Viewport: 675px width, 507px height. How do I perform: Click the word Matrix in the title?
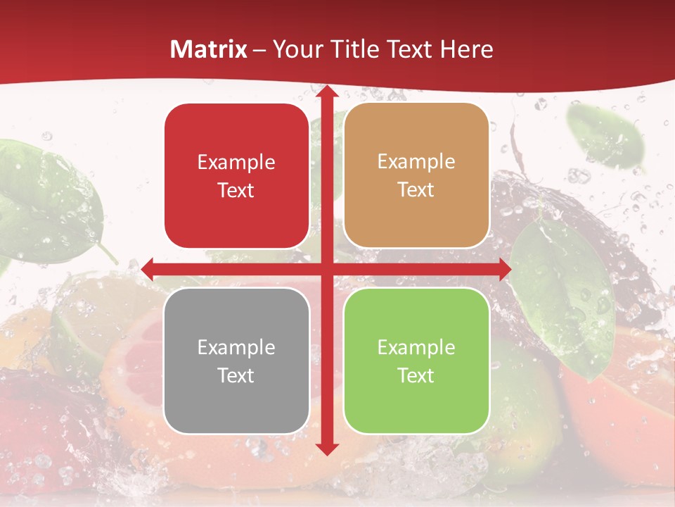(x=209, y=49)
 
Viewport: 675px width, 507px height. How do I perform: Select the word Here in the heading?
(x=466, y=49)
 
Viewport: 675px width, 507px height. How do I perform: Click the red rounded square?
(x=236, y=176)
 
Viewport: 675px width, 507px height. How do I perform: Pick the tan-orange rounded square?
(x=416, y=175)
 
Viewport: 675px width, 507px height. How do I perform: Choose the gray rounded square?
(x=236, y=361)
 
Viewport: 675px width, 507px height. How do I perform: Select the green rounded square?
(x=416, y=361)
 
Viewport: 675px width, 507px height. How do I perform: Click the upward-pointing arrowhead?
(x=326, y=92)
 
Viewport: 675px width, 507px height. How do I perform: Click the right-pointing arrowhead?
(x=505, y=269)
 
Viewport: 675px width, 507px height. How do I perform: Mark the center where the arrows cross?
(x=326, y=269)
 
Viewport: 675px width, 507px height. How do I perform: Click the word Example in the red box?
(x=236, y=163)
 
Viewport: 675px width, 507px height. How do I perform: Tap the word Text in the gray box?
(x=236, y=375)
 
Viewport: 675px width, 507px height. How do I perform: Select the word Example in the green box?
(x=416, y=347)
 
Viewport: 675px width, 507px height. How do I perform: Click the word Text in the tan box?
(x=416, y=189)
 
